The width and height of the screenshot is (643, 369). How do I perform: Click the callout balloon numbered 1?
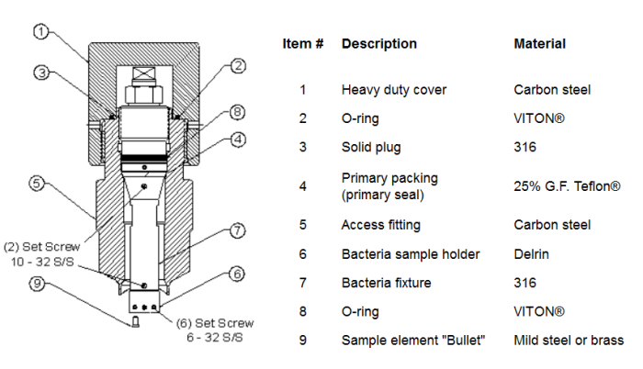tap(41, 32)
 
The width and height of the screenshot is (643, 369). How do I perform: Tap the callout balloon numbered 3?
tap(41, 72)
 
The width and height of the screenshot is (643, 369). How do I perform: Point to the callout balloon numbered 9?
tap(38, 283)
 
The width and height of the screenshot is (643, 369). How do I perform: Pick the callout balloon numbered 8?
tap(236, 112)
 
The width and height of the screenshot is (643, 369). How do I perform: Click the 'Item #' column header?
tap(302, 43)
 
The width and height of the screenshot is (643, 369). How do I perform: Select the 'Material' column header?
tap(539, 43)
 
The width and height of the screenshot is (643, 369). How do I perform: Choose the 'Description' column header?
tap(378, 43)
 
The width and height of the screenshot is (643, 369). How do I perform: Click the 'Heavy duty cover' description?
tap(393, 90)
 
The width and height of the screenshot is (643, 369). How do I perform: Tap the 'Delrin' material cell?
tap(532, 254)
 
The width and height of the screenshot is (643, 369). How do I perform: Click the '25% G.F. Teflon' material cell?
tap(563, 185)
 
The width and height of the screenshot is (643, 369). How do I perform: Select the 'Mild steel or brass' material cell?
tap(568, 341)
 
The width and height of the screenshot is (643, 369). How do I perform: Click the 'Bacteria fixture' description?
tap(388, 283)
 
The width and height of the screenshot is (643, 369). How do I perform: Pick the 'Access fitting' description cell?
tap(381, 225)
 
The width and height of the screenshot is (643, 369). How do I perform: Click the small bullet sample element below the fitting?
tap(135, 320)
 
